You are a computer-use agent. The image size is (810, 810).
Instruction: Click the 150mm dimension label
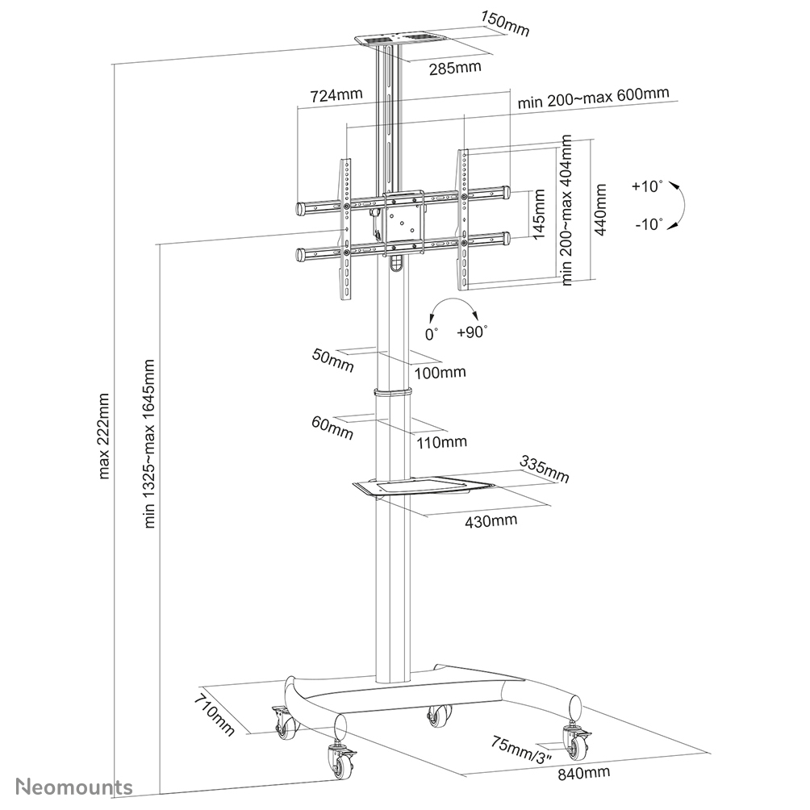[504, 23]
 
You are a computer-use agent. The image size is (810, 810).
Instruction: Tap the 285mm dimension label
[454, 67]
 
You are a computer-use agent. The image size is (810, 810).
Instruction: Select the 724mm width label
[336, 95]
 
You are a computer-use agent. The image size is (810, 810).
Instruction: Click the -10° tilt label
[648, 223]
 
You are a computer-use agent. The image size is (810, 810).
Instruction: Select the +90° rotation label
[472, 331]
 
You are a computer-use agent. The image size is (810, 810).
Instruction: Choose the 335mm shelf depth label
[545, 470]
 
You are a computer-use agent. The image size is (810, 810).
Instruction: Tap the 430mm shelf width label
[491, 520]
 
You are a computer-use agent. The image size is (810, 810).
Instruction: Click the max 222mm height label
[103, 436]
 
